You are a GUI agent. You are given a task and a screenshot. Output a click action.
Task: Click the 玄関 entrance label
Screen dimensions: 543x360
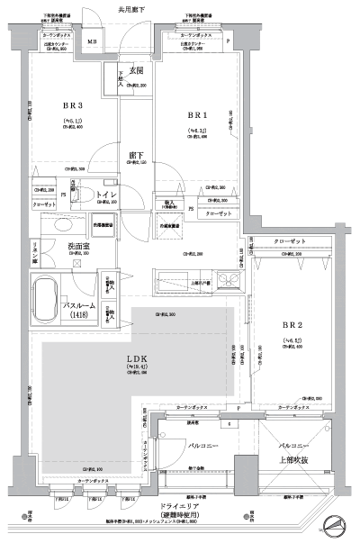[x=136, y=70]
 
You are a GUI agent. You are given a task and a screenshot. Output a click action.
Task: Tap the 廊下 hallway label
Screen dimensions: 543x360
[x=137, y=154]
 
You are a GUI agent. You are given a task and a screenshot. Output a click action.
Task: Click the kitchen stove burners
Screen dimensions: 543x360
[x=230, y=279]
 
